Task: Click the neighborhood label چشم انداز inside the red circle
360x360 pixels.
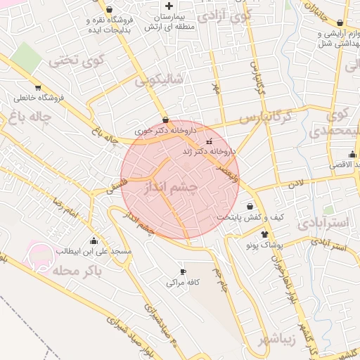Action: click(171, 189)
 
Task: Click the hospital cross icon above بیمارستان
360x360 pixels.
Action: click(168, 6)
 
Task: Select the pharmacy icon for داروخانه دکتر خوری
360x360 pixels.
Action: click(165, 120)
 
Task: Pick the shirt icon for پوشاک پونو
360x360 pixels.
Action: click(264, 234)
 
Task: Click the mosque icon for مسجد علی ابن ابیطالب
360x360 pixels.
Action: click(94, 240)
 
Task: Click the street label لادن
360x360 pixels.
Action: click(295, 184)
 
